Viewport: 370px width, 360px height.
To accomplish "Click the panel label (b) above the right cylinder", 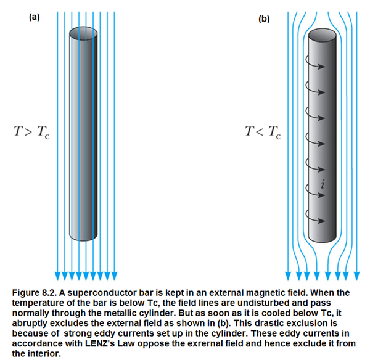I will (264, 19).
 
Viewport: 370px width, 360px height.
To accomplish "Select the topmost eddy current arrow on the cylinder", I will (321, 64).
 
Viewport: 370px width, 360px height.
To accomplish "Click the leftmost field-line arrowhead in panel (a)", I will (57, 275).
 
